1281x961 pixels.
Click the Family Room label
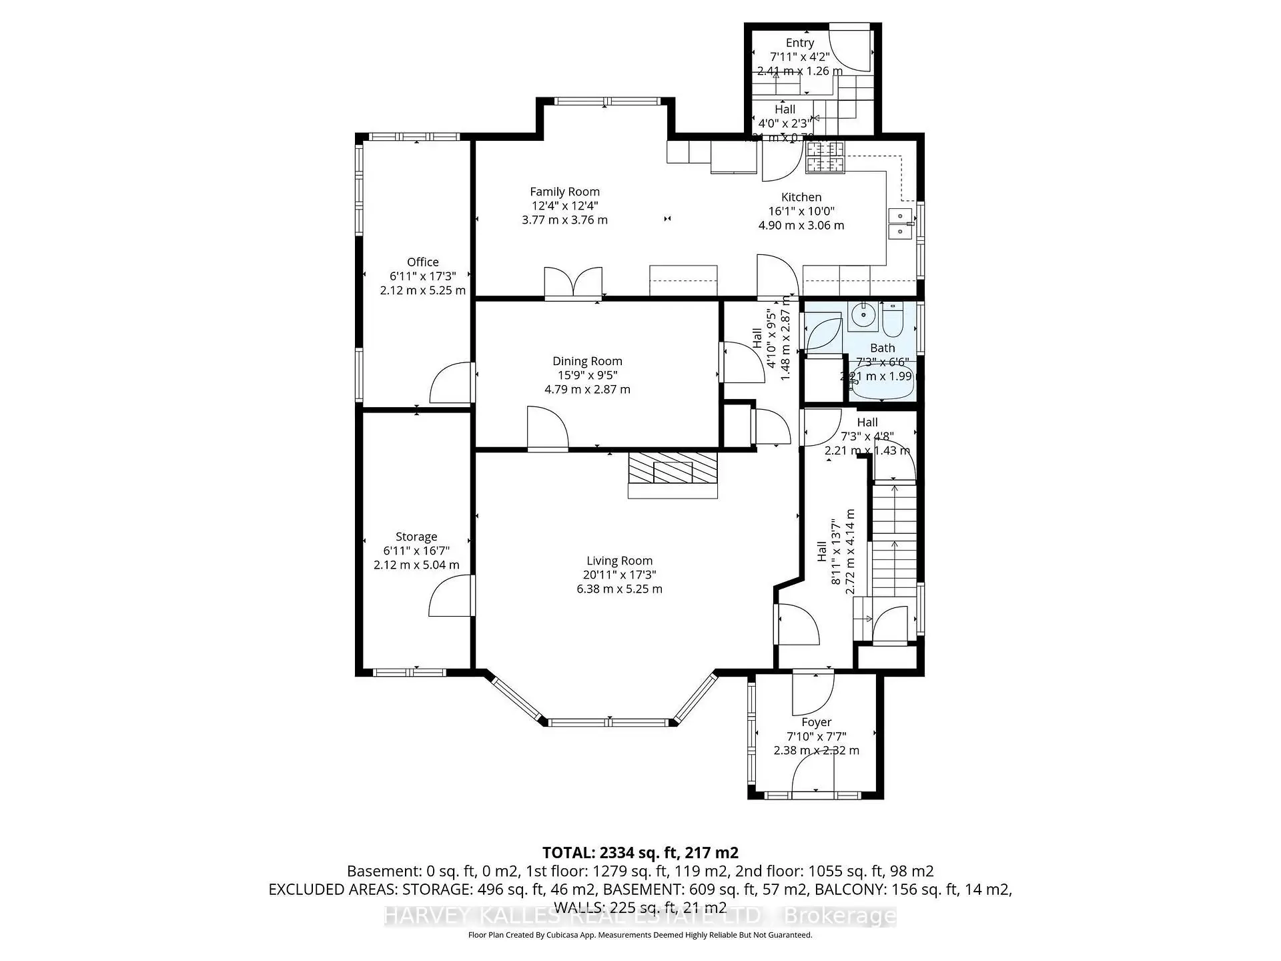[564, 192]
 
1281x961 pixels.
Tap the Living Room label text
[619, 561]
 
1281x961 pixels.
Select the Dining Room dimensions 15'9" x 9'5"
[587, 375]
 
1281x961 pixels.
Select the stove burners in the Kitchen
[825, 157]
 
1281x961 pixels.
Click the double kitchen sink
[900, 224]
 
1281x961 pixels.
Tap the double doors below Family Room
[573, 283]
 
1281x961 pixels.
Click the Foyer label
[816, 722]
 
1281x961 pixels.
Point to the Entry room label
[799, 43]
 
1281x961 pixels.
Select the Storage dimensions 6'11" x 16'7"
[416, 551]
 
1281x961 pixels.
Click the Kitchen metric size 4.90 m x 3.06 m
[801, 226]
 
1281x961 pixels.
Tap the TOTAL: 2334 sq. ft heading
[640, 852]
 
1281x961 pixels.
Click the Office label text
[422, 262]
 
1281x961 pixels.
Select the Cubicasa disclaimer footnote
[640, 935]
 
